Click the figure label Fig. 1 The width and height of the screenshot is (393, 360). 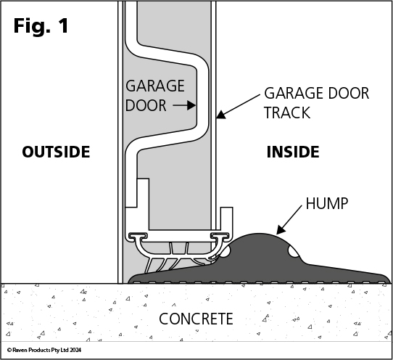pos(41,26)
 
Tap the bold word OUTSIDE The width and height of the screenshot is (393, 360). pos(56,152)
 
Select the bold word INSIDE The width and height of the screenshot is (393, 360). pos(293,152)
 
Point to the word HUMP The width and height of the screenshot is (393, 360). pos(327,203)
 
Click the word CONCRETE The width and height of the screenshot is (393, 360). pos(196,319)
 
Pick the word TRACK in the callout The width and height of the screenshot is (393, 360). pos(287,112)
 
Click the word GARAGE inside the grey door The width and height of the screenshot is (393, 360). pos(155,86)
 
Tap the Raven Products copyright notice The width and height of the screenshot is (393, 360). pos(44,350)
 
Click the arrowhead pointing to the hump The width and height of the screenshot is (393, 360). pos(281,229)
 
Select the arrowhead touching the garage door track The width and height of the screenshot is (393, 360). pos(221,115)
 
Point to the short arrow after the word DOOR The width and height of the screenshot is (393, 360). pos(184,105)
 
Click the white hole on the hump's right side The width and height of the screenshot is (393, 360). pos(293,252)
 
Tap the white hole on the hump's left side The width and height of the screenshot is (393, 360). pos(225,252)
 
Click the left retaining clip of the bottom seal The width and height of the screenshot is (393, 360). pos(138,236)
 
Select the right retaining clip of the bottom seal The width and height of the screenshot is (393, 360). pos(220,236)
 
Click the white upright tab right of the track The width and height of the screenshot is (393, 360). pos(226,218)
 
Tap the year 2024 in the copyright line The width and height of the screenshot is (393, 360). pos(75,350)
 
